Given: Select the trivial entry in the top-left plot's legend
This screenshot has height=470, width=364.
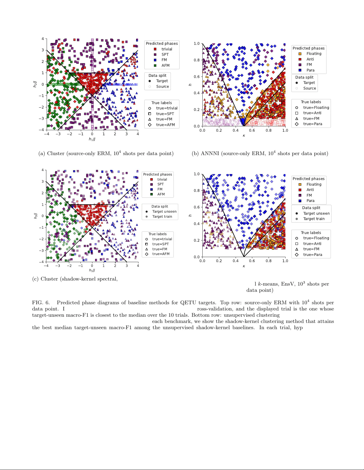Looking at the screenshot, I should pyautogui.click(x=166, y=49).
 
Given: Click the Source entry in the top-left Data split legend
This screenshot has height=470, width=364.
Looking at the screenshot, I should pyautogui.click(x=162, y=87).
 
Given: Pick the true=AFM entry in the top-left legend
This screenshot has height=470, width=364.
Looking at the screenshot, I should pyautogui.click(x=165, y=125).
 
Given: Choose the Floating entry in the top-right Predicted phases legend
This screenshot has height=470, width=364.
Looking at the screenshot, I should pyautogui.click(x=314, y=54).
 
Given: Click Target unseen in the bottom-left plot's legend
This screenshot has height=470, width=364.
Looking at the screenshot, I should pyautogui.click(x=164, y=211).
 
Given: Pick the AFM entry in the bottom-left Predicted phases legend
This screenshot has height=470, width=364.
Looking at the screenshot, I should pyautogui.click(x=161, y=194).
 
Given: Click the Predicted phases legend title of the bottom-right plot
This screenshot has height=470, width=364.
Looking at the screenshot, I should pyautogui.click(x=308, y=179).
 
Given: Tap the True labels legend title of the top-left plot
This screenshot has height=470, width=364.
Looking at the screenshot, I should pyautogui.click(x=162, y=103).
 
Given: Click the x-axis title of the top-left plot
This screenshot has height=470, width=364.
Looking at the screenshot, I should pyautogui.click(x=92, y=139).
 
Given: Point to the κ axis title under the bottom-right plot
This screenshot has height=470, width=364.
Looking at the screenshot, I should pyautogui.click(x=244, y=266).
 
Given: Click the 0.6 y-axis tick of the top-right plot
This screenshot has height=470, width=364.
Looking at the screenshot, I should pyautogui.click(x=197, y=77).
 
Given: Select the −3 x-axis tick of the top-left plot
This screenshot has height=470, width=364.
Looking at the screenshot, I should pyautogui.click(x=58, y=134).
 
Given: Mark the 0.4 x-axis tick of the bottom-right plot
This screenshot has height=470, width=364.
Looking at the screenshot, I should pyautogui.click(x=235, y=261).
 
